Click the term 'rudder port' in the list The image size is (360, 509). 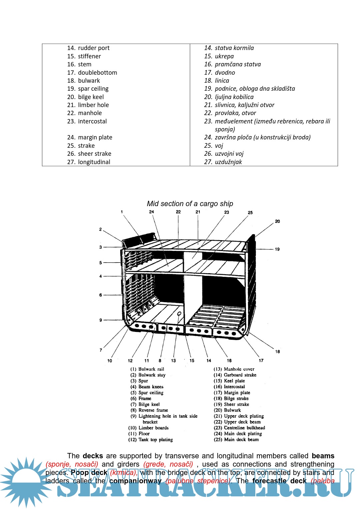coord(93,48)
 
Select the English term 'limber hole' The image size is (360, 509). coord(93,105)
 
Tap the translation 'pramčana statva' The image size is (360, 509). coord(238,64)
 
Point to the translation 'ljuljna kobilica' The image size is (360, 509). coord(234,97)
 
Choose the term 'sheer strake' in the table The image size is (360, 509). coord(94,154)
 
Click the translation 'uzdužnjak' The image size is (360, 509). coord(228,162)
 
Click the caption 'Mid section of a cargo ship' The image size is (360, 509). coord(190,204)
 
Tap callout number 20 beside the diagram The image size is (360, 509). coord(277,221)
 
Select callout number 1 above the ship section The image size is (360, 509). coord(122,212)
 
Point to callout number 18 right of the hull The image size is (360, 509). coord(277,352)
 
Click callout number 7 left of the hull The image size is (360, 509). coord(101,350)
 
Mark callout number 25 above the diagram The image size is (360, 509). coord(250,212)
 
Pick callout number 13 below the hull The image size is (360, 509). coord(173,361)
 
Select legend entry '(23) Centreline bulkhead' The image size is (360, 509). coord(239,428)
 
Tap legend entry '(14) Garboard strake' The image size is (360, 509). coord(235,375)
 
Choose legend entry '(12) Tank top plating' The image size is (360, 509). coord(150,440)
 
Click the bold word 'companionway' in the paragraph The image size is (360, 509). coord(135,481)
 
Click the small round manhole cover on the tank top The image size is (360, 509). coord(179,314)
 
